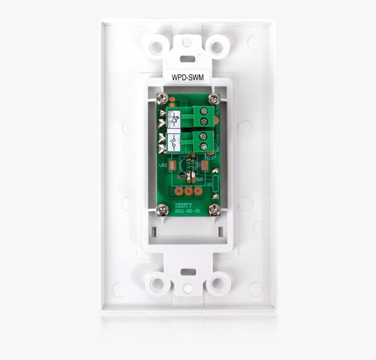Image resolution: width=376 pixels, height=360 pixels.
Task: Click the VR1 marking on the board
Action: coord(162,166)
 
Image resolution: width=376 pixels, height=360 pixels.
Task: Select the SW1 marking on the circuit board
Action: coord(199,179)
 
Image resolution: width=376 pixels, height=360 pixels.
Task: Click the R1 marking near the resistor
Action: coord(210,185)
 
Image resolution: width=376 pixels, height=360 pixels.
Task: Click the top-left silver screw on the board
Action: coord(162,98)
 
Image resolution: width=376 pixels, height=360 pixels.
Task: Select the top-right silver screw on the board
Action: coord(214,98)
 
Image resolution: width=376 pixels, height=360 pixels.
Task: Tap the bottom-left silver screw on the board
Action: coord(162,210)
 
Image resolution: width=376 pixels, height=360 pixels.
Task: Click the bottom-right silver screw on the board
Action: coord(214,210)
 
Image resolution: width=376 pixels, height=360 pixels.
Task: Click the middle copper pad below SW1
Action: coord(188,191)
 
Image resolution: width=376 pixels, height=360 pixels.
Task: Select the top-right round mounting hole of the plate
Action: coord(217,45)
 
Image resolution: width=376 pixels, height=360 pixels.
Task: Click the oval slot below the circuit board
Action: coord(188,272)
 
